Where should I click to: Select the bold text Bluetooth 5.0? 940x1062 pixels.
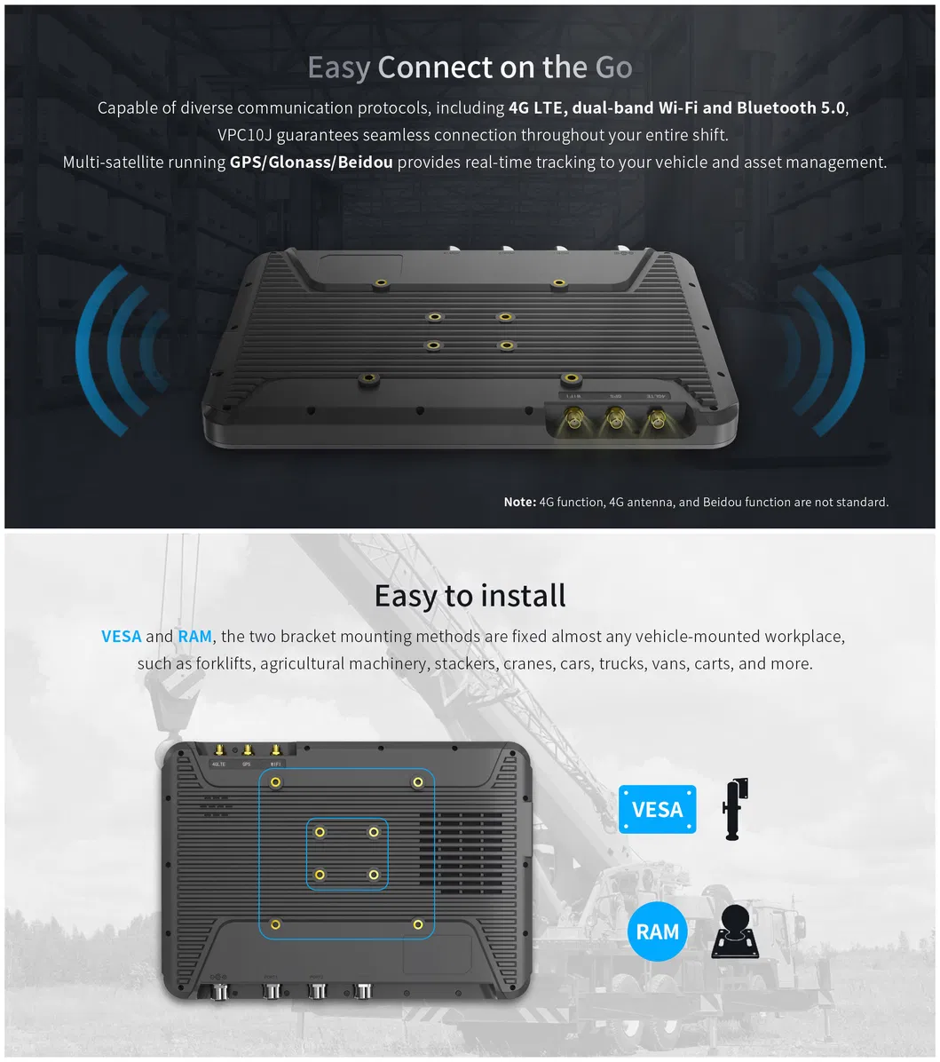[792, 108]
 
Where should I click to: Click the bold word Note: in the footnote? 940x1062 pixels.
[519, 503]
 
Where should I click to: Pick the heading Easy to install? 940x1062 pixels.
[470, 595]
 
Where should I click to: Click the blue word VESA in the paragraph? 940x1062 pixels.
[122, 637]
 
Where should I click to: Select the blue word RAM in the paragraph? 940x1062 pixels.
[194, 637]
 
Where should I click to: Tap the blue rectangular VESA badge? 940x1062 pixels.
[657, 809]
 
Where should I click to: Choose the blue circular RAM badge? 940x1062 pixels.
[658, 931]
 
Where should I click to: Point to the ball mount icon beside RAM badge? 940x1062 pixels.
[736, 931]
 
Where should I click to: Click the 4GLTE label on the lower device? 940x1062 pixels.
[218, 764]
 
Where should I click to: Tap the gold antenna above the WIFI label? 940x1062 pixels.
[275, 750]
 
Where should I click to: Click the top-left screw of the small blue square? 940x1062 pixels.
[320, 832]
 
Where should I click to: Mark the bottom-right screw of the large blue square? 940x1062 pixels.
[418, 924]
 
